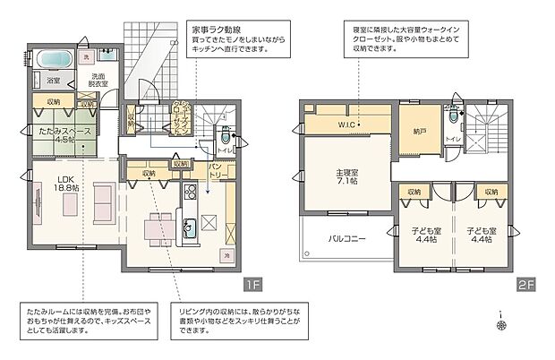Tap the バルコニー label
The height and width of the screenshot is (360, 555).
(x=345, y=240)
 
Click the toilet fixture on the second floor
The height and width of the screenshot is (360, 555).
(x=454, y=118)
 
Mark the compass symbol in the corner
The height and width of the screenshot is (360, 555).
(x=501, y=319)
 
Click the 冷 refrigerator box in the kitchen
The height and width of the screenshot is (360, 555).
(x=226, y=256)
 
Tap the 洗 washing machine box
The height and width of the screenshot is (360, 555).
(x=87, y=58)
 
